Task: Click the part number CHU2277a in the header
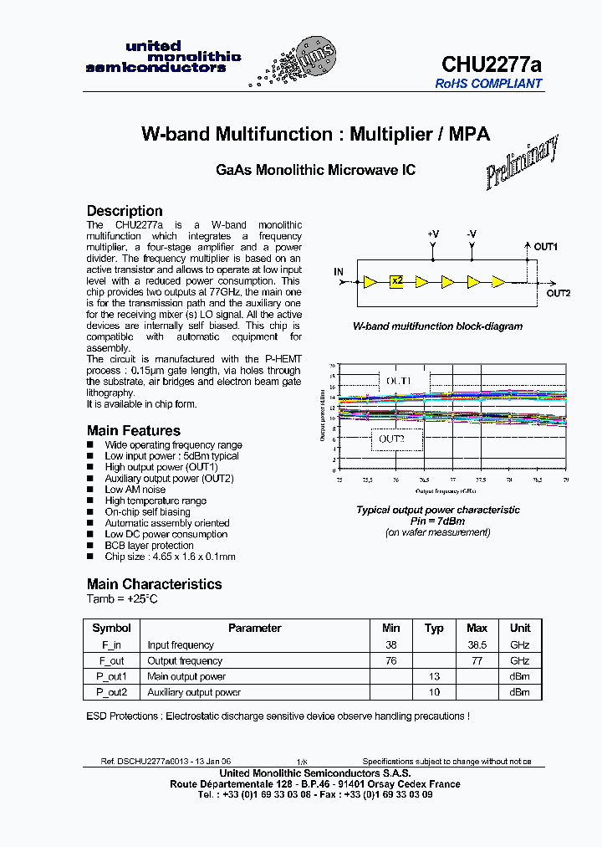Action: (x=491, y=64)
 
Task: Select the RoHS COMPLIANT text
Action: (x=489, y=84)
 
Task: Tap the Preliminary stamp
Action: (x=522, y=162)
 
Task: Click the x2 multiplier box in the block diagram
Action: (x=396, y=281)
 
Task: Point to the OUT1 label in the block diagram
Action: (x=546, y=247)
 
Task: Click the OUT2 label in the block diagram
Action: (x=558, y=293)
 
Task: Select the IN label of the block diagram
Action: (x=339, y=272)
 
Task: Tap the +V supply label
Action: (x=432, y=234)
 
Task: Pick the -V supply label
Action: (x=472, y=234)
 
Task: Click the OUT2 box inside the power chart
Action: (x=391, y=439)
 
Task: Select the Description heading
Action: (x=125, y=211)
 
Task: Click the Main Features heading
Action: (x=133, y=430)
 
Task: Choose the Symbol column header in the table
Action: (x=111, y=628)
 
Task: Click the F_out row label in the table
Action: (x=111, y=660)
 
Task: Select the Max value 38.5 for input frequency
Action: (x=477, y=645)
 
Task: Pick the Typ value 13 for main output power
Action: (x=434, y=676)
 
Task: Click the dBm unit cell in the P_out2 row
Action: (x=520, y=692)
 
